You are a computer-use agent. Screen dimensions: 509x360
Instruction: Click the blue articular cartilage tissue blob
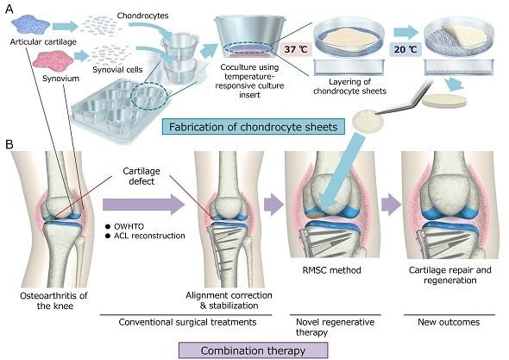30,26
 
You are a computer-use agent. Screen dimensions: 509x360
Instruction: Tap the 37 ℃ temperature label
295,49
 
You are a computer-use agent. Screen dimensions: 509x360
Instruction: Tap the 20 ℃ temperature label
405,49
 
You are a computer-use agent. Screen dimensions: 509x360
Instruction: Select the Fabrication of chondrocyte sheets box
253,126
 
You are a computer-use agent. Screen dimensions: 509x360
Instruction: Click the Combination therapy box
253,351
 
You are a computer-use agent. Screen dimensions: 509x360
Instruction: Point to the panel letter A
9,9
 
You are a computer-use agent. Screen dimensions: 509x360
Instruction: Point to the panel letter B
9,144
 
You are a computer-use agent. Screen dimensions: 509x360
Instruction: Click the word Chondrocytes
143,16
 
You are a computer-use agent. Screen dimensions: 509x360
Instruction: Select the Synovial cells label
117,70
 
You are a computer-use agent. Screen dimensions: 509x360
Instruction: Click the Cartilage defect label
141,176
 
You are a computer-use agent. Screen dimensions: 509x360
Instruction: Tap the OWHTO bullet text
129,226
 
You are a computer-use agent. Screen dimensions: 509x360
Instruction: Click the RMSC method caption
331,270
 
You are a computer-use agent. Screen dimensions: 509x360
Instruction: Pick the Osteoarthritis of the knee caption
53,300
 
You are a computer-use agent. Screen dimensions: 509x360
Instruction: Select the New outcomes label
449,322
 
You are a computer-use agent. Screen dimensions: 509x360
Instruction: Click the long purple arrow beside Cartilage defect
144,205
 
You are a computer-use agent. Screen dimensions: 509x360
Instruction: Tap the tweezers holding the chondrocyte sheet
403,98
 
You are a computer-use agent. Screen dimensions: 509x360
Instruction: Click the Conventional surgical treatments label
187,322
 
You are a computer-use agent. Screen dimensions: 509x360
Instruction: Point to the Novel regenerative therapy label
335,327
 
